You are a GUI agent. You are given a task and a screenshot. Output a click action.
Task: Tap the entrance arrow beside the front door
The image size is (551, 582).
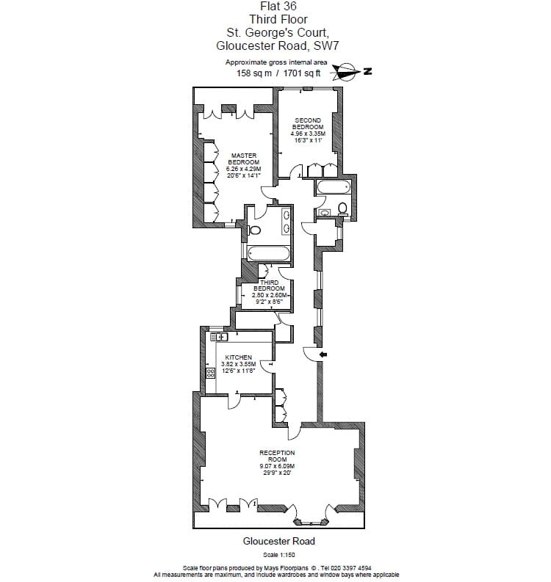tap(323, 355)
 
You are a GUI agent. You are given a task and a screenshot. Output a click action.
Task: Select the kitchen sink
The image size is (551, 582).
tap(220, 337)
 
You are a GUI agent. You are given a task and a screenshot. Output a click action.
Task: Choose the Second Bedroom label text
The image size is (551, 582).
tap(307, 123)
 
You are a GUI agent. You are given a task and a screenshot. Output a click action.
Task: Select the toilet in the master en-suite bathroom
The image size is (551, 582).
tap(255, 229)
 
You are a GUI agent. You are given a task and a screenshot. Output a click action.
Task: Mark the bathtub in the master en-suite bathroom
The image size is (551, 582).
tap(269, 255)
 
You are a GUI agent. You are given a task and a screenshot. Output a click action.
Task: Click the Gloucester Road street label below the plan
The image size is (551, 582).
tap(278, 542)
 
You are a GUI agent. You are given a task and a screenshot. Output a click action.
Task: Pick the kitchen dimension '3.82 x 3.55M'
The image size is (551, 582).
tap(238, 364)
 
